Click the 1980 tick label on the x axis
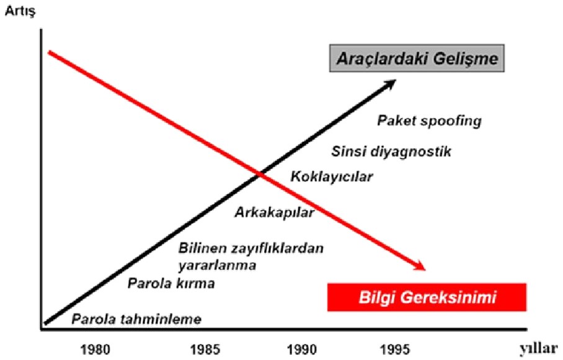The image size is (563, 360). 95,349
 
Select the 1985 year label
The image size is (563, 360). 205,349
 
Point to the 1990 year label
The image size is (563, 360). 303,349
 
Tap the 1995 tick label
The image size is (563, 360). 394,349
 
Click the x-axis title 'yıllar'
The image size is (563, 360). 539,348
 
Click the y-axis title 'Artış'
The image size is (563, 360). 20,12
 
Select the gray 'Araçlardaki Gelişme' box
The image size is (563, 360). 417,58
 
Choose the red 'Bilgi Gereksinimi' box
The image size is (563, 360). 427,297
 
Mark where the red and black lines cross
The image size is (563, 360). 261,175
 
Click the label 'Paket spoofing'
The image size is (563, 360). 429,121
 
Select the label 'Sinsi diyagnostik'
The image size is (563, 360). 391,151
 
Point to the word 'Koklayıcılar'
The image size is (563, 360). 331,177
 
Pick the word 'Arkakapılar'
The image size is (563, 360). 274,213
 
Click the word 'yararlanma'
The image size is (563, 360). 217,266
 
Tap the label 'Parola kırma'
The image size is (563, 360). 171,284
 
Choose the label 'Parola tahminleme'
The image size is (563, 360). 136,319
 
